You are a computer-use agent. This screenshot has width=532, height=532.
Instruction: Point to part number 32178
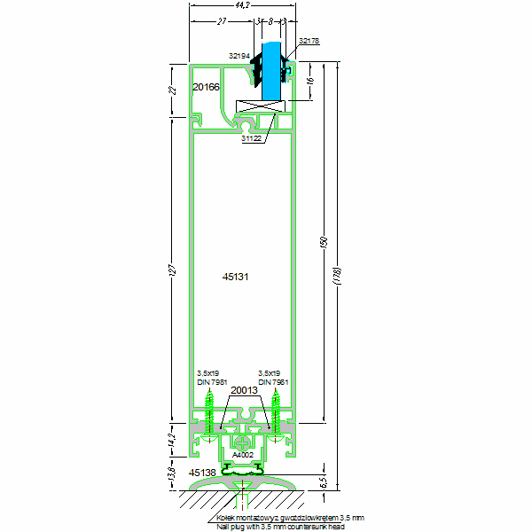[309, 41]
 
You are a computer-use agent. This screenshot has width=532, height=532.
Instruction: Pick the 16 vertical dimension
[309, 81]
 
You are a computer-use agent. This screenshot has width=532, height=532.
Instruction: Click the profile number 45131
[235, 277]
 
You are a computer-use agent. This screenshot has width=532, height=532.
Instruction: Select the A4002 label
[243, 455]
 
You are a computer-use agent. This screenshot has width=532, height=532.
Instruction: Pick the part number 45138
[202, 473]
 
